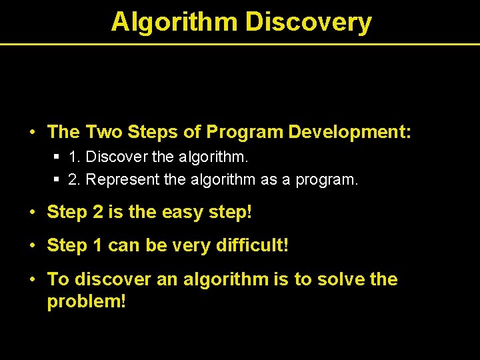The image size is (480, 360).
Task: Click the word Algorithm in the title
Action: (x=174, y=22)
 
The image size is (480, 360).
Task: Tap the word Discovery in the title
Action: (x=308, y=22)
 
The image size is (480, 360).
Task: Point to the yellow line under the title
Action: (x=240, y=44)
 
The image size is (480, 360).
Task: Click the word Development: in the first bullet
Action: (x=350, y=132)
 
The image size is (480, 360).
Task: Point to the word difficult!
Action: (x=253, y=246)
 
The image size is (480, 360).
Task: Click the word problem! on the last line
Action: (x=86, y=301)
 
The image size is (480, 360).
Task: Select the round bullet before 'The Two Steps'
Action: (x=33, y=133)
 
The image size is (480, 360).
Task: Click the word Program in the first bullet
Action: (x=245, y=132)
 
